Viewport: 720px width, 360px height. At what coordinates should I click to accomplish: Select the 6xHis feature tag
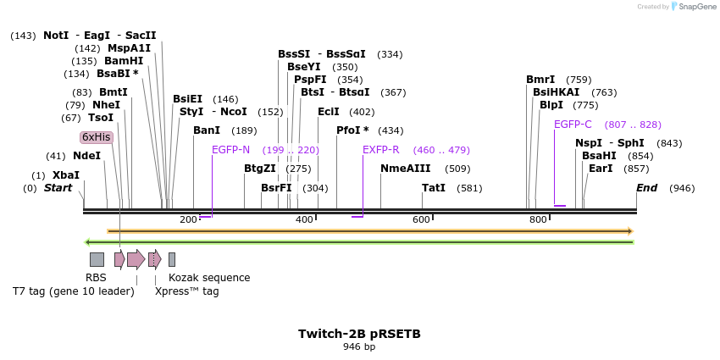96,137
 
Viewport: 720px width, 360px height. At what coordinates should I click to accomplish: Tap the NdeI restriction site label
86,156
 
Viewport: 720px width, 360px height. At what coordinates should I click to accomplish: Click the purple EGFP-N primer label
230,150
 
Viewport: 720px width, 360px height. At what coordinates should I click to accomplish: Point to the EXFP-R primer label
380,150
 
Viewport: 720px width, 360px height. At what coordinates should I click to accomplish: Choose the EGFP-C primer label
573,125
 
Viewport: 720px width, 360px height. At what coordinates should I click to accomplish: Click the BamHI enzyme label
124,61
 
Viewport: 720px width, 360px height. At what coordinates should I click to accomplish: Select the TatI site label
434,188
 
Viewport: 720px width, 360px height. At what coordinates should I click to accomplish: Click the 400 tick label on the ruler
304,220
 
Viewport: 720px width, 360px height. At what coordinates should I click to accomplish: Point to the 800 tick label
538,220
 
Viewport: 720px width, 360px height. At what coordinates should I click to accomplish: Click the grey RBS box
97,259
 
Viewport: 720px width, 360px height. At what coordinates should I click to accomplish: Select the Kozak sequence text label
209,277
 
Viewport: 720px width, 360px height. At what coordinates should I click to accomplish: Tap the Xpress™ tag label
186,291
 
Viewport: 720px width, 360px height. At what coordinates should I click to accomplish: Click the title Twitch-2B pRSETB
359,334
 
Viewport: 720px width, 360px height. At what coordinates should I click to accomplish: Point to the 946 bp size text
359,346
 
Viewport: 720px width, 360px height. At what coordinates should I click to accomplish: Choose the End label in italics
646,188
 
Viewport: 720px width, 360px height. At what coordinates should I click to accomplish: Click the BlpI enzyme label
551,105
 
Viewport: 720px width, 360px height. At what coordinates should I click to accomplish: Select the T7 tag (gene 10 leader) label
73,291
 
